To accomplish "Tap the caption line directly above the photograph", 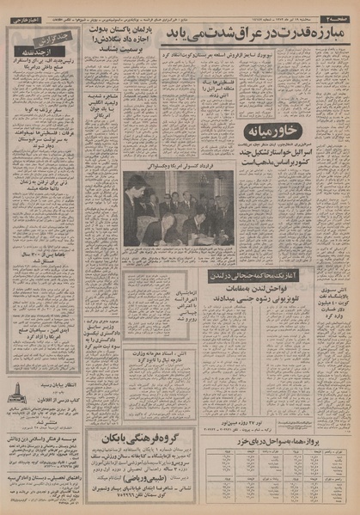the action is coord(177,163).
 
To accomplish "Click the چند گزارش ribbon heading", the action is coord(51,38).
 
